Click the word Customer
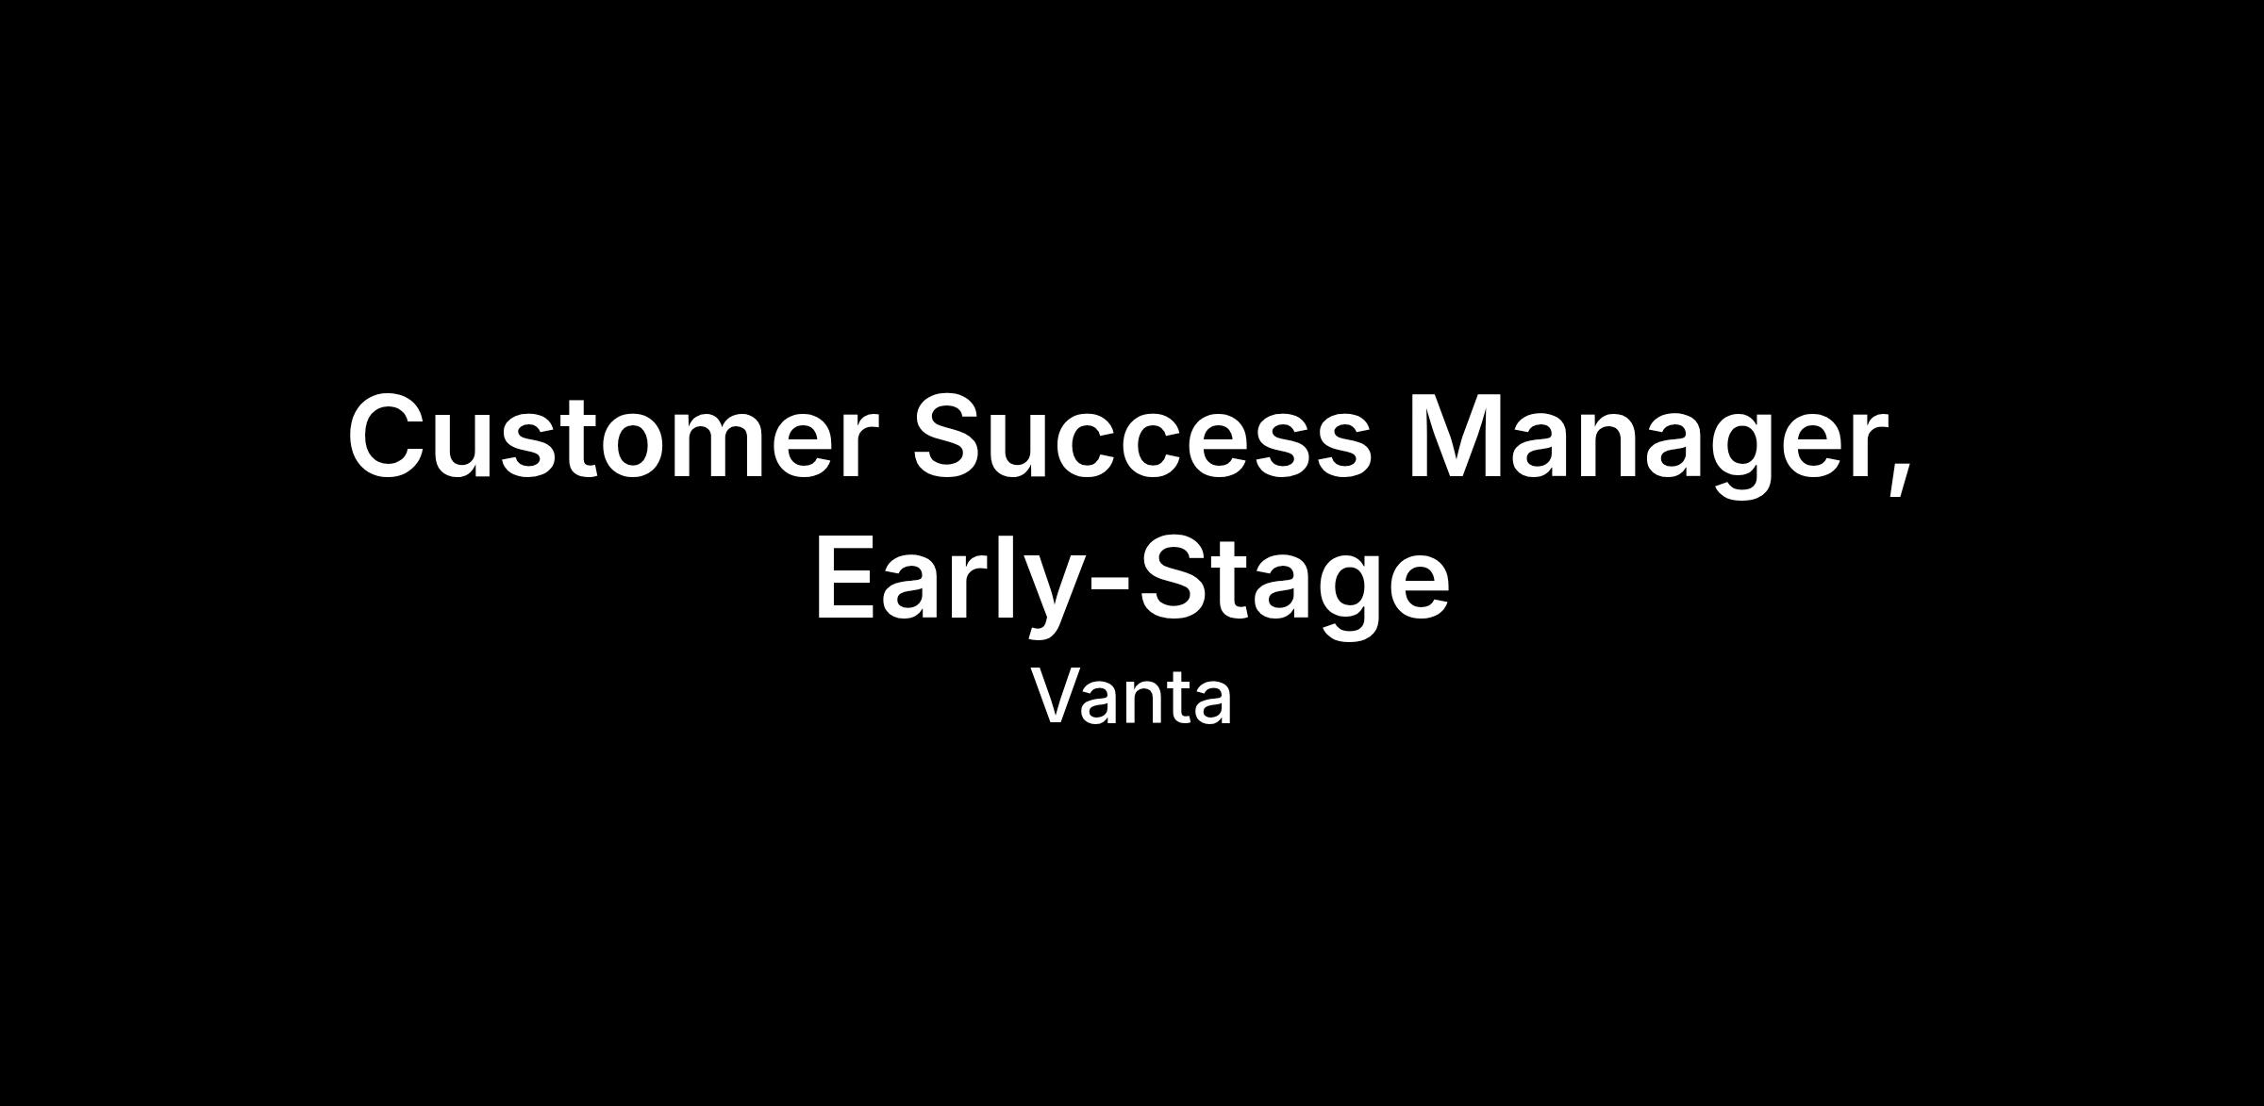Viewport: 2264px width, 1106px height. point(607,436)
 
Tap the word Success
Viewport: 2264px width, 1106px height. point(1141,436)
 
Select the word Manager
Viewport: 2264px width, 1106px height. point(1647,444)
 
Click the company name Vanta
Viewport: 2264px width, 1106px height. point(1131,697)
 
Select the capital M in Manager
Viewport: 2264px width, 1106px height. point(1457,436)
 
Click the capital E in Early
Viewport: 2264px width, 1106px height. point(846,576)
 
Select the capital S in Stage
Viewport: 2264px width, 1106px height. point(1174,576)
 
